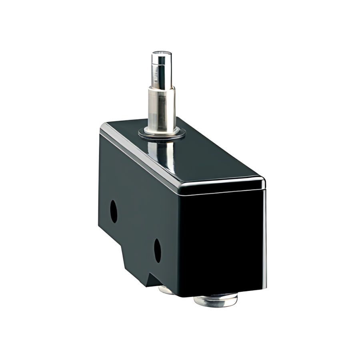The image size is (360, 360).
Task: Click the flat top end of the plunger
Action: pos(161,54)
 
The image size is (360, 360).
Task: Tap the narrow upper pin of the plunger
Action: pos(161,70)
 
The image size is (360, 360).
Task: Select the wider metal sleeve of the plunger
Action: pos(162,108)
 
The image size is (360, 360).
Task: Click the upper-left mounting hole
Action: pos(114,211)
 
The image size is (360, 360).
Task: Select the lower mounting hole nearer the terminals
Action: pos(157,250)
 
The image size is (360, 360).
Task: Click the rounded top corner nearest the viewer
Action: pos(262,182)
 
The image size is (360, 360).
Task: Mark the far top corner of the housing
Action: pos(105,126)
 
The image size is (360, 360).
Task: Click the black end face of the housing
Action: pos(222,240)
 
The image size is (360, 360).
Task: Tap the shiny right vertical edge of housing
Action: pos(264,240)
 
